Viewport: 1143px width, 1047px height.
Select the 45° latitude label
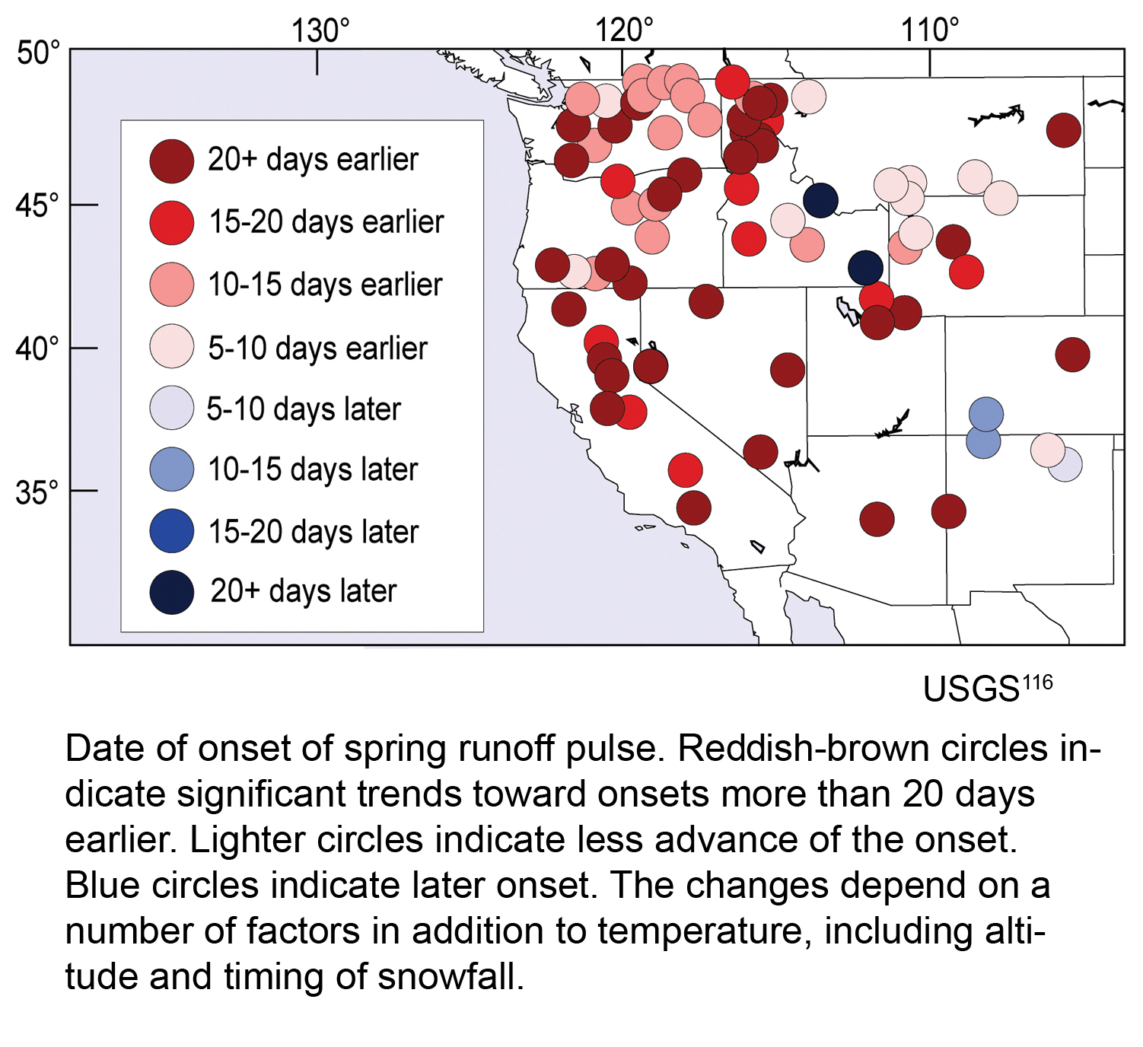(37, 205)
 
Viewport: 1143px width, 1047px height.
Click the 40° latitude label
(37, 348)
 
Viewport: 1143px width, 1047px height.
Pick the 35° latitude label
(37, 492)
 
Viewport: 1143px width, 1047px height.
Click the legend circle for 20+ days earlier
(171, 161)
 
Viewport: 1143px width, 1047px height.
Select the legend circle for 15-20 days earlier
(171, 222)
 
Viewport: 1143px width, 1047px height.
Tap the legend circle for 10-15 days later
(171, 469)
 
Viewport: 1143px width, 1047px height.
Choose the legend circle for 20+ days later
(171, 592)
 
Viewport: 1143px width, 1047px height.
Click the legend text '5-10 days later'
(304, 409)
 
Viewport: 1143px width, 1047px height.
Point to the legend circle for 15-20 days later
(171, 530)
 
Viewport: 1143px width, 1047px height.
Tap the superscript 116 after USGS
(1036, 682)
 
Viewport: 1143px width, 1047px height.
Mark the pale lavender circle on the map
(1065, 464)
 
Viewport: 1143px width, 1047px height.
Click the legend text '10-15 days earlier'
(325, 285)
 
